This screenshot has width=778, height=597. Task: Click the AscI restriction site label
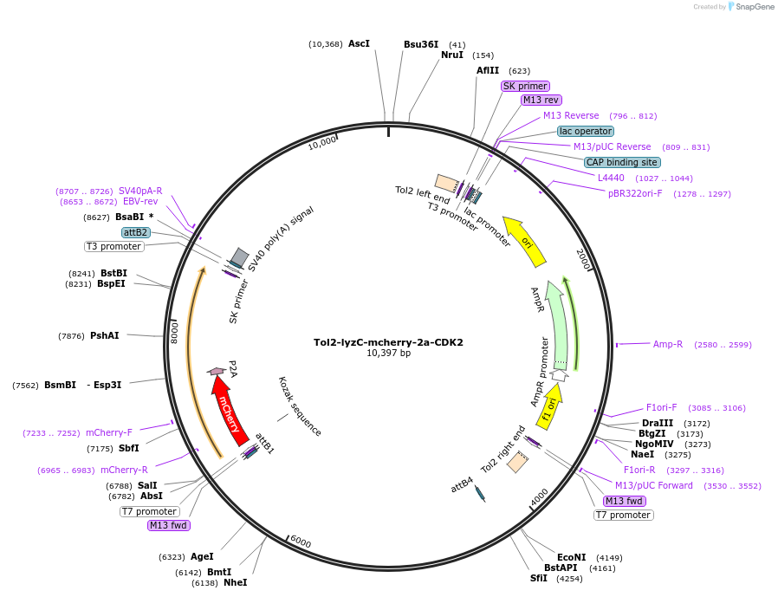click(359, 43)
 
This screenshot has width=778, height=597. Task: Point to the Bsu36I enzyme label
click(421, 44)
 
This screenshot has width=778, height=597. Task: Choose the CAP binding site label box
click(621, 162)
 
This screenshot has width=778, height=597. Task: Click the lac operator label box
click(586, 131)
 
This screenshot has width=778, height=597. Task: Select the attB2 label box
click(136, 232)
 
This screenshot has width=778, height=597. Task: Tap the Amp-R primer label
click(668, 344)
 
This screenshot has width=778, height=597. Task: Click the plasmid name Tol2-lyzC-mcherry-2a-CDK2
click(388, 342)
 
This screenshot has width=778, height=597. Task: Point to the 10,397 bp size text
click(388, 354)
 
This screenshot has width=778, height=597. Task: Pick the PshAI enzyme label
click(104, 335)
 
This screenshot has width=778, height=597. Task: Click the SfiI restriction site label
click(539, 578)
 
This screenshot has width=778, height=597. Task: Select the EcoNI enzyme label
click(571, 557)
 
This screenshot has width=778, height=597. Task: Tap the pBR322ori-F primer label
click(635, 193)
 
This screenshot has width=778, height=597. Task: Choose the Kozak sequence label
click(300, 406)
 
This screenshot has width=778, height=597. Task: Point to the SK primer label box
click(525, 86)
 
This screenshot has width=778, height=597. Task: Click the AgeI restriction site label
click(202, 556)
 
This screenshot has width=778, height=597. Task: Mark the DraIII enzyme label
click(658, 423)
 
